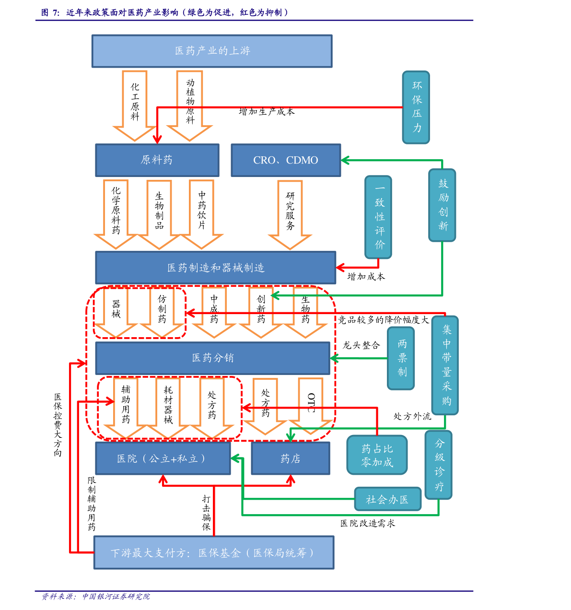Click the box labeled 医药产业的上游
click(x=212, y=51)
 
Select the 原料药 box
click(x=157, y=160)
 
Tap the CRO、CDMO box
click(x=286, y=160)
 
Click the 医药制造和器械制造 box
click(x=216, y=268)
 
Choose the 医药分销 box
click(x=213, y=358)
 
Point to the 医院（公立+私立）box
click(x=163, y=458)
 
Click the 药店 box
click(x=291, y=458)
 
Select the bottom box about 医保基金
click(x=214, y=552)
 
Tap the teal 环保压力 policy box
click(x=416, y=107)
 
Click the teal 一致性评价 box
click(x=379, y=217)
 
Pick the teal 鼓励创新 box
click(x=442, y=205)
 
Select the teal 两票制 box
click(x=401, y=358)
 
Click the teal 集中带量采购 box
click(x=445, y=365)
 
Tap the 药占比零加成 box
click(x=377, y=455)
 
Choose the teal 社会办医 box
click(x=388, y=499)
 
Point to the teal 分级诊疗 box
click(x=439, y=465)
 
